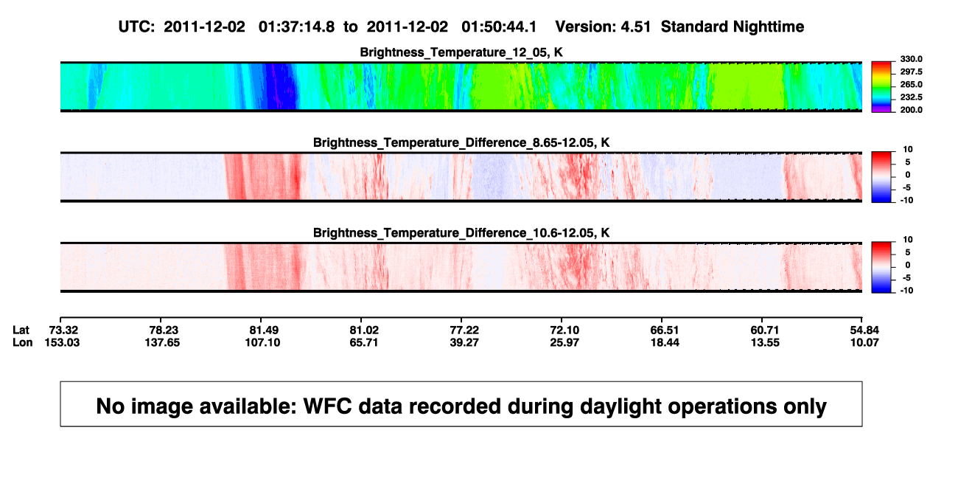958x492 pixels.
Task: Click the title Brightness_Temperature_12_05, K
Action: pyautogui.click(x=461, y=52)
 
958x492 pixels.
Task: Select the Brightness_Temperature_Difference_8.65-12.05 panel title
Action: pyautogui.click(x=461, y=142)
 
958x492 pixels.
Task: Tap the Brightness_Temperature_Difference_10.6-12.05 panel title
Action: pyautogui.click(x=461, y=233)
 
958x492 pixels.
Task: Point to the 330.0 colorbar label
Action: pyautogui.click(x=911, y=59)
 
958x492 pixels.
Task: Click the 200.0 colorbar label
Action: pyautogui.click(x=911, y=110)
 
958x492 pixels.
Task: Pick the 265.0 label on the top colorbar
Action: pyautogui.click(x=911, y=84)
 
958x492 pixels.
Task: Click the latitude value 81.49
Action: pyautogui.click(x=264, y=330)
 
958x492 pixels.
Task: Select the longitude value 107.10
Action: pyautogui.click(x=262, y=342)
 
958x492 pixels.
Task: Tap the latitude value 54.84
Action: pyautogui.click(x=864, y=330)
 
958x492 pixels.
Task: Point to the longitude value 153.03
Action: pyautogui.click(x=62, y=342)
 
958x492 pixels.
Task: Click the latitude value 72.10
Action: pyautogui.click(x=564, y=330)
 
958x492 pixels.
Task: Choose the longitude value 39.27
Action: pyautogui.click(x=464, y=342)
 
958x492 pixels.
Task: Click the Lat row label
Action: pyautogui.click(x=21, y=330)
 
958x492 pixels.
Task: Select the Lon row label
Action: pyautogui.click(x=22, y=342)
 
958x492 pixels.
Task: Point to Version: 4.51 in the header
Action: pyautogui.click(x=603, y=27)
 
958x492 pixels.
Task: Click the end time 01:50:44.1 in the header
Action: pyautogui.click(x=499, y=27)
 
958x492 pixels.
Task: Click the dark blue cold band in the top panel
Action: pyautogui.click(x=280, y=86)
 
